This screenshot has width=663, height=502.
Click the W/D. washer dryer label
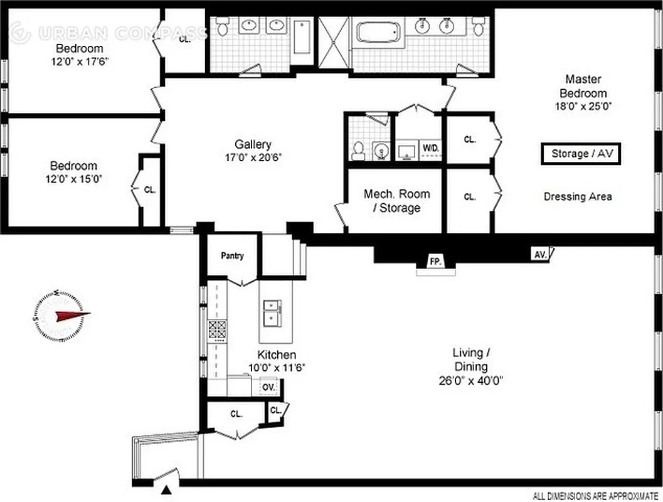pos(430,148)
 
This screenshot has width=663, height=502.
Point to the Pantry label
pos(232,256)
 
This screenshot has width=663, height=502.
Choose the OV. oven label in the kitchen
pos(268,387)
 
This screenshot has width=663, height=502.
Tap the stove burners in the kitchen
pos(217,329)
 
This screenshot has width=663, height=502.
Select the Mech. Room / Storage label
pos(396,201)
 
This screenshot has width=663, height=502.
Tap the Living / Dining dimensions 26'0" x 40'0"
pos(470,380)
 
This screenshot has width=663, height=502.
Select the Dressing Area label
pos(578,196)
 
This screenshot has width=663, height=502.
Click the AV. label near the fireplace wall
pos(539,254)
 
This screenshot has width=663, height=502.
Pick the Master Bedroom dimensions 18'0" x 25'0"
pos(583,106)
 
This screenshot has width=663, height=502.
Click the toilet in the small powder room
pos(359,150)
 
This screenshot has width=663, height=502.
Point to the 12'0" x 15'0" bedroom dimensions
pos(73,178)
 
